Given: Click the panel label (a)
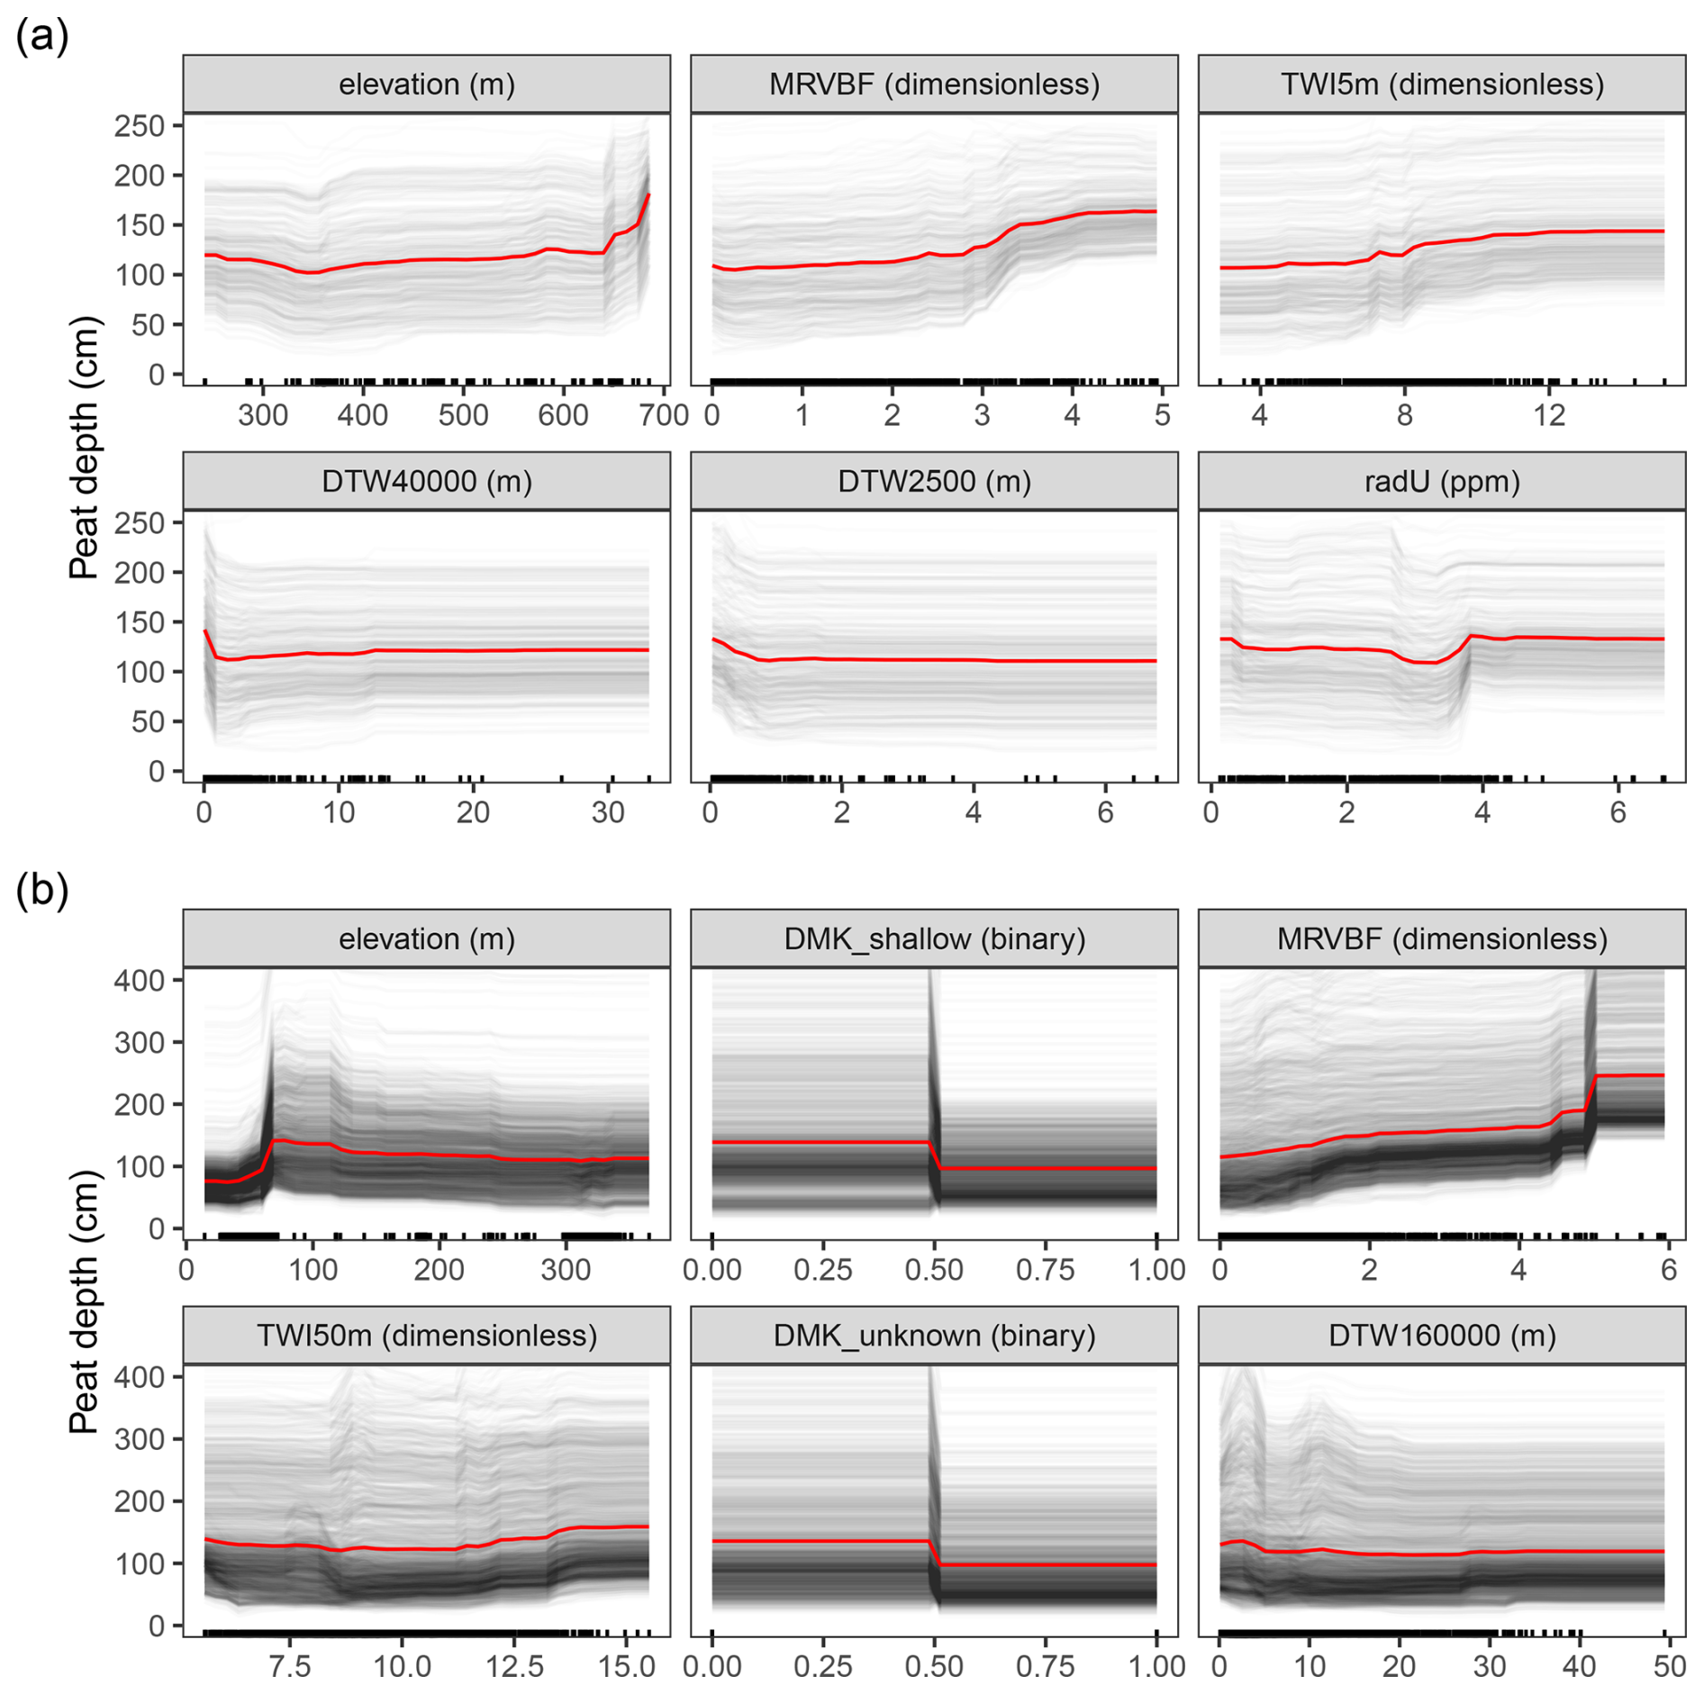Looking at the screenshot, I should coord(41,38).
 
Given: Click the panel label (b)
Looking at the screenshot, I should coord(41,892).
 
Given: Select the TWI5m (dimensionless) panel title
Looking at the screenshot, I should coord(1441,85).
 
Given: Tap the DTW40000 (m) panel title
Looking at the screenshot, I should coord(426,482).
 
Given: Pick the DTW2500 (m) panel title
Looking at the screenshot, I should coord(934,482).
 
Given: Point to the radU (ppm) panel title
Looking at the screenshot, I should coord(1441,482).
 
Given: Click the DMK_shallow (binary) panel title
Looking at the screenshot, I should coord(934,939).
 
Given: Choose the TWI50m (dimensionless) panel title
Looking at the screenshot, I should coord(426,1336).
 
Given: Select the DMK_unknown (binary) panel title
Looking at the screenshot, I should coord(934,1336).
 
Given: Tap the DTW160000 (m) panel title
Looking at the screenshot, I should coord(1441,1336).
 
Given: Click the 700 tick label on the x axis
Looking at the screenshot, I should coord(664,415).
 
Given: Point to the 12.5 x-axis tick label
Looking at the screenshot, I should coord(514,1667).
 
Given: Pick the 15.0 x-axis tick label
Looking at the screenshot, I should coord(627,1667).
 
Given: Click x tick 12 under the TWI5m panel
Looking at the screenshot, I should coord(1549,415).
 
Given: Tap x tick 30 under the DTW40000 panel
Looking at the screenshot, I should coord(608,812).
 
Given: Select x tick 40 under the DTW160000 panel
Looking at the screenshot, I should coord(1579,1667).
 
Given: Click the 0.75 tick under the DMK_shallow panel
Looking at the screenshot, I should coord(1045,1270).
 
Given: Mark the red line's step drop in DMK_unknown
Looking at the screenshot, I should coord(935,1554).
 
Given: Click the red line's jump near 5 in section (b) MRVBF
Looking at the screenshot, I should coord(1591,1092).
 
